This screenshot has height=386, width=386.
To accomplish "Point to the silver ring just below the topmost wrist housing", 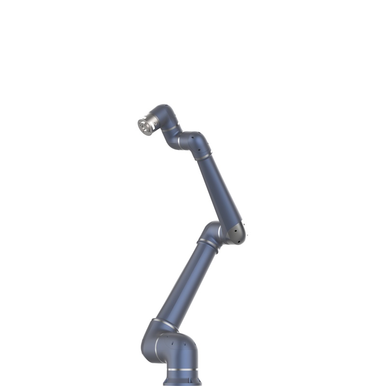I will click(x=170, y=129).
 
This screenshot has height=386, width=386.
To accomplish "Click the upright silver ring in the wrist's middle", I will click(x=180, y=141).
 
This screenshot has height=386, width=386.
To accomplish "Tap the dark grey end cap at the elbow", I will click(x=238, y=234).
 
